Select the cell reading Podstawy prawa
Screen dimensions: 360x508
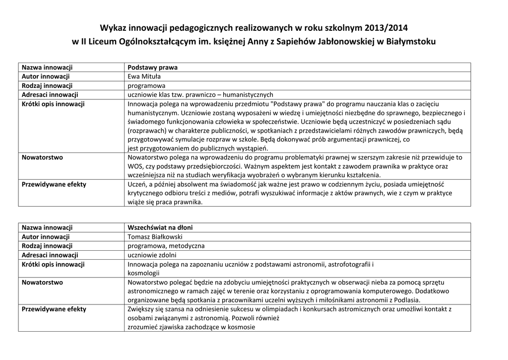click(x=152, y=67)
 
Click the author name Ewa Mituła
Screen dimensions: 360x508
click(x=144, y=76)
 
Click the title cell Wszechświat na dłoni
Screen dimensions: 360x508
click(x=160, y=227)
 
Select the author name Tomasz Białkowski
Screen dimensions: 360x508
click(x=155, y=237)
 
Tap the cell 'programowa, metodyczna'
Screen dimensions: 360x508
click(x=166, y=246)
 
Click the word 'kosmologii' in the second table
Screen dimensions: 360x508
click(x=143, y=273)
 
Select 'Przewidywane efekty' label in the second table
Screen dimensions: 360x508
click(x=54, y=309)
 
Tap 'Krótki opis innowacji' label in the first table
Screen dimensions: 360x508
click(x=53, y=104)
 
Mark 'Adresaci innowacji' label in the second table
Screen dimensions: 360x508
click(x=50, y=255)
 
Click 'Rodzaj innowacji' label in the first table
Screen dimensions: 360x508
click(x=47, y=85)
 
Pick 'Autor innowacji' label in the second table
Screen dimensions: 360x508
click(x=45, y=237)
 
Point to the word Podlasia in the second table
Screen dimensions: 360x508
click(x=406, y=300)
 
